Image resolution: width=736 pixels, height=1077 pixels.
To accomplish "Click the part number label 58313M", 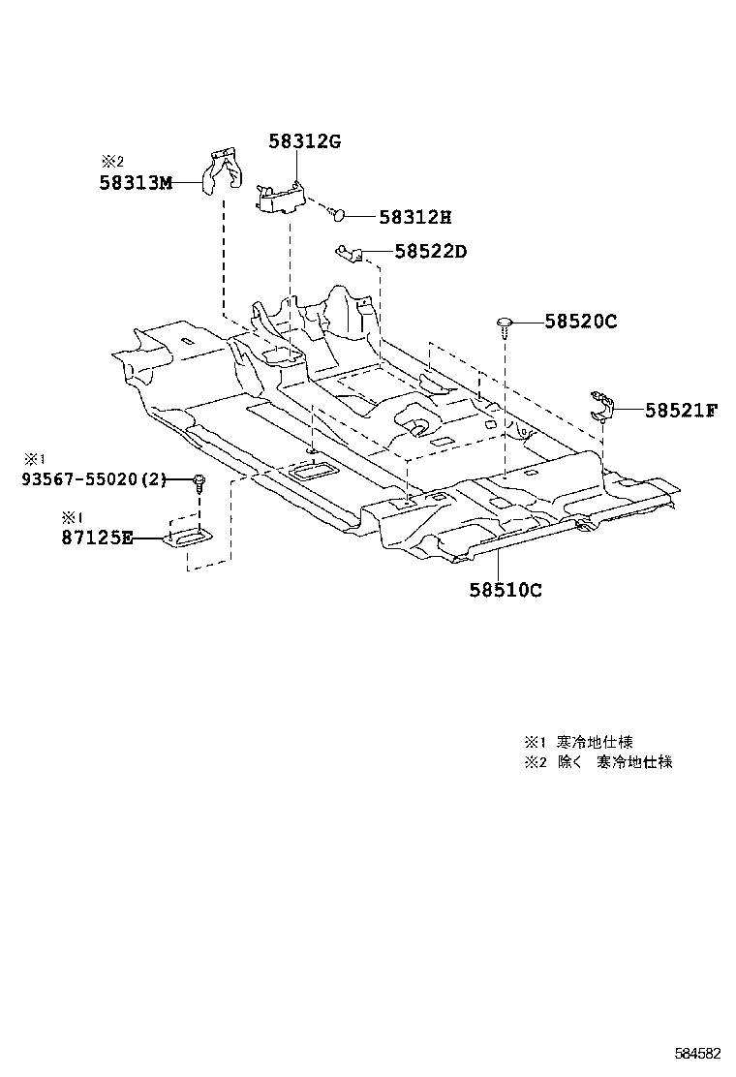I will (136, 182).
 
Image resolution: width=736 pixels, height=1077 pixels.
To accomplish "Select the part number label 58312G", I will (305, 141).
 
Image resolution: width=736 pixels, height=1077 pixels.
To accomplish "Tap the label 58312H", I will (415, 217).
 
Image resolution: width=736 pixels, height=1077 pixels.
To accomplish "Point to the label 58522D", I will (431, 252).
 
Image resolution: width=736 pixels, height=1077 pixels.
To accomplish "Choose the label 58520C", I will (580, 321).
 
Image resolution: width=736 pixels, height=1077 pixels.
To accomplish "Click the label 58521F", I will (681, 410).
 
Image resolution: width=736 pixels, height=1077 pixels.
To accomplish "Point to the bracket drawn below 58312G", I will (281, 197).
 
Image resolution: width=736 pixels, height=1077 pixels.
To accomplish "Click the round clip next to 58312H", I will (336, 212).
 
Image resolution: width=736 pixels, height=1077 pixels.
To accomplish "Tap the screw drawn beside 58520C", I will (505, 324).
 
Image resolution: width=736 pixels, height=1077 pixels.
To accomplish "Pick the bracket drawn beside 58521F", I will (605, 405).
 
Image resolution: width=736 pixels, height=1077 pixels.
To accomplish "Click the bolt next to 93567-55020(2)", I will (199, 481).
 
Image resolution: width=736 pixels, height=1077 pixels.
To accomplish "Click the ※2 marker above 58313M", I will (112, 162).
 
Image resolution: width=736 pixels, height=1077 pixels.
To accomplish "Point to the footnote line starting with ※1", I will (579, 742).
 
